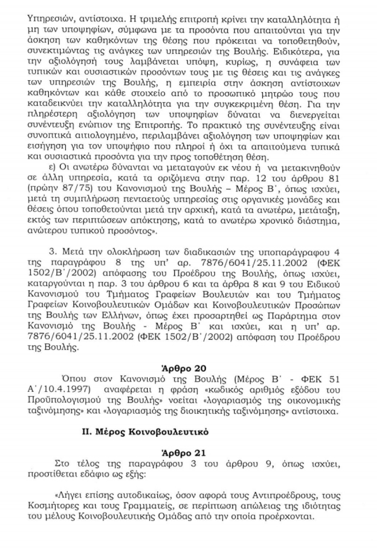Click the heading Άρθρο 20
pyautogui.click(x=188, y=368)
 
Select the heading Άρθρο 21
pyautogui.click(x=188, y=452)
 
